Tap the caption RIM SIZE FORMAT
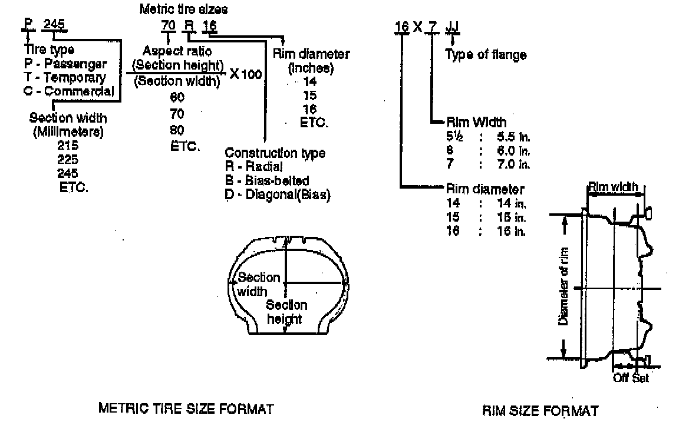click(x=540, y=410)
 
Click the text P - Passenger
click(x=66, y=64)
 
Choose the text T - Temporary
click(x=65, y=77)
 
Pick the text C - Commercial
click(x=70, y=91)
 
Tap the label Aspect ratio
click(x=177, y=51)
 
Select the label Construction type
click(x=275, y=153)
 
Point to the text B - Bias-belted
click(x=267, y=180)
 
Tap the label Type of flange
click(x=486, y=55)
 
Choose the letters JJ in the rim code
click(x=452, y=27)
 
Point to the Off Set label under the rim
click(x=631, y=378)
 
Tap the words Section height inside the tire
click(x=287, y=312)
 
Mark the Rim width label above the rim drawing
click(x=613, y=187)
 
